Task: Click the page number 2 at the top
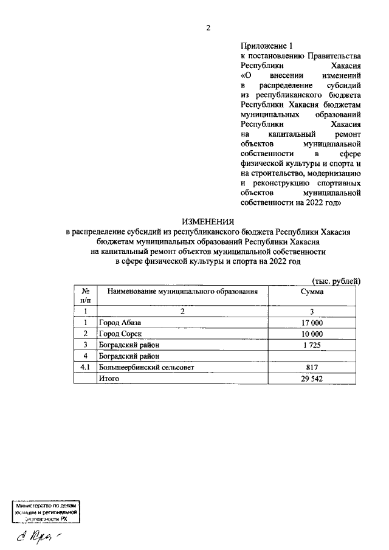point(207,27)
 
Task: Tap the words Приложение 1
point(267,45)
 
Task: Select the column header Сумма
point(312,292)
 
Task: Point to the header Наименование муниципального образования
point(179,292)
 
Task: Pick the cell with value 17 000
point(312,323)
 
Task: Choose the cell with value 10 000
point(312,334)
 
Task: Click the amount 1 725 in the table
point(312,345)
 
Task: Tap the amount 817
point(312,367)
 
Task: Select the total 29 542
point(312,378)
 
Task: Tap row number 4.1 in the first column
point(86,367)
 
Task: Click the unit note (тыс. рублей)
point(336,280)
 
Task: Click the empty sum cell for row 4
point(312,356)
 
